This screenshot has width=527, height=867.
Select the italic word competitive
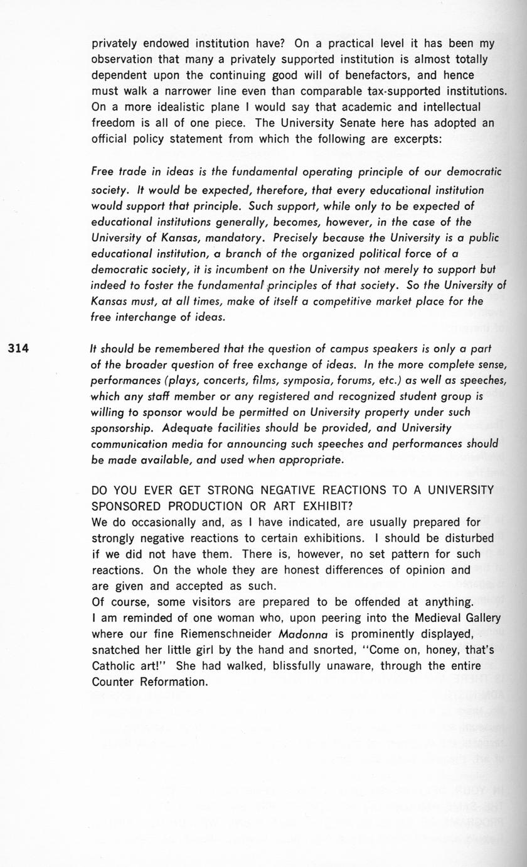(x=349, y=302)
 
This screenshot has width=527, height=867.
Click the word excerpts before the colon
(x=417, y=139)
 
